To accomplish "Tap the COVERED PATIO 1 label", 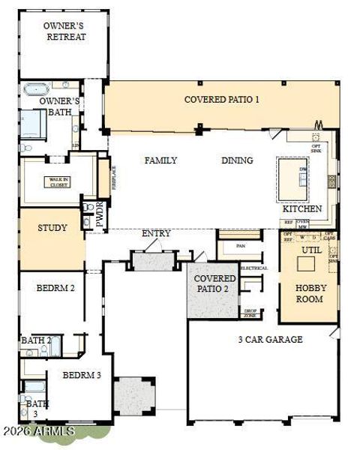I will pos(222,99).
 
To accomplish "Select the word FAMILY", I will pos(161,160).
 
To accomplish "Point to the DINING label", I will pos(237,160).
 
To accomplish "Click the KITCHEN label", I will pos(302,208).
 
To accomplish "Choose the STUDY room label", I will pos(52,228).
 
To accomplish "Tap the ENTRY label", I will pos(156,234).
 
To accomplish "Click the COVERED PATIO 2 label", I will pos(212,283).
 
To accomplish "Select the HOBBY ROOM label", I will pos(309,293).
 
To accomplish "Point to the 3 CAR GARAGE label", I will pos(271,340).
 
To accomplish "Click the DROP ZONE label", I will pos(250,313).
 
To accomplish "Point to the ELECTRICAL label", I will pos(253,268).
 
